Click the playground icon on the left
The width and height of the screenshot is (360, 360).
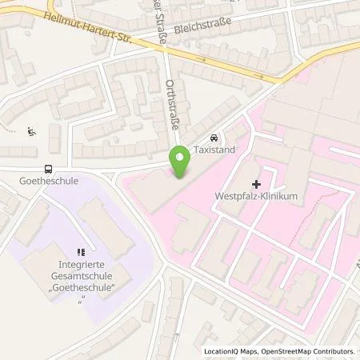31,131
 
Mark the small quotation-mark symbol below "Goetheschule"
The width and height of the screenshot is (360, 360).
82,298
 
